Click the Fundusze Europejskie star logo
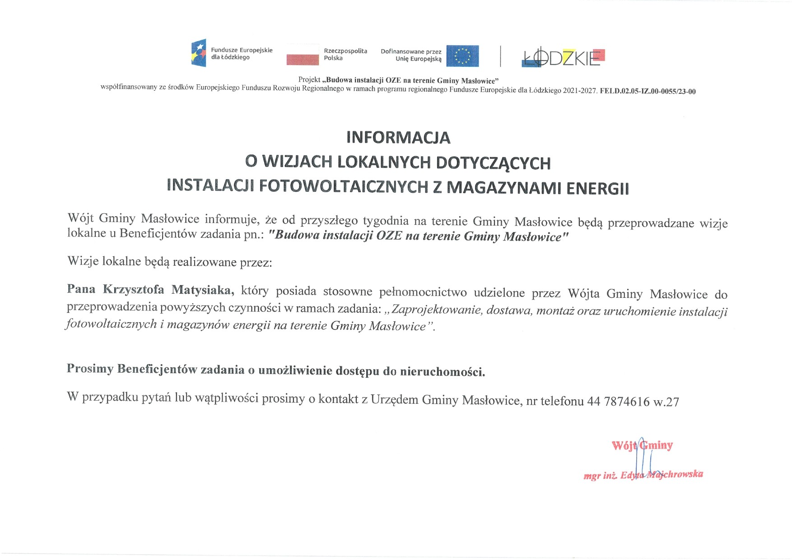(x=199, y=53)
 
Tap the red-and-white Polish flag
(x=303, y=55)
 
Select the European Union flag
(x=462, y=56)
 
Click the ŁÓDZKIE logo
(x=563, y=57)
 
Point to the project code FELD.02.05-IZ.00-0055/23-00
(x=648, y=91)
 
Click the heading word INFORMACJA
(x=398, y=138)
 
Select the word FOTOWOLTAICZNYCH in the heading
(x=343, y=186)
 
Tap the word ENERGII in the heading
(x=597, y=189)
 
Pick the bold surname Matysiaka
(x=203, y=290)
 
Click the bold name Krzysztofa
(x=133, y=289)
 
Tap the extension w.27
(x=666, y=402)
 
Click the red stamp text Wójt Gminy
(x=642, y=446)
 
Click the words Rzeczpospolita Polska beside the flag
(x=345, y=54)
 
